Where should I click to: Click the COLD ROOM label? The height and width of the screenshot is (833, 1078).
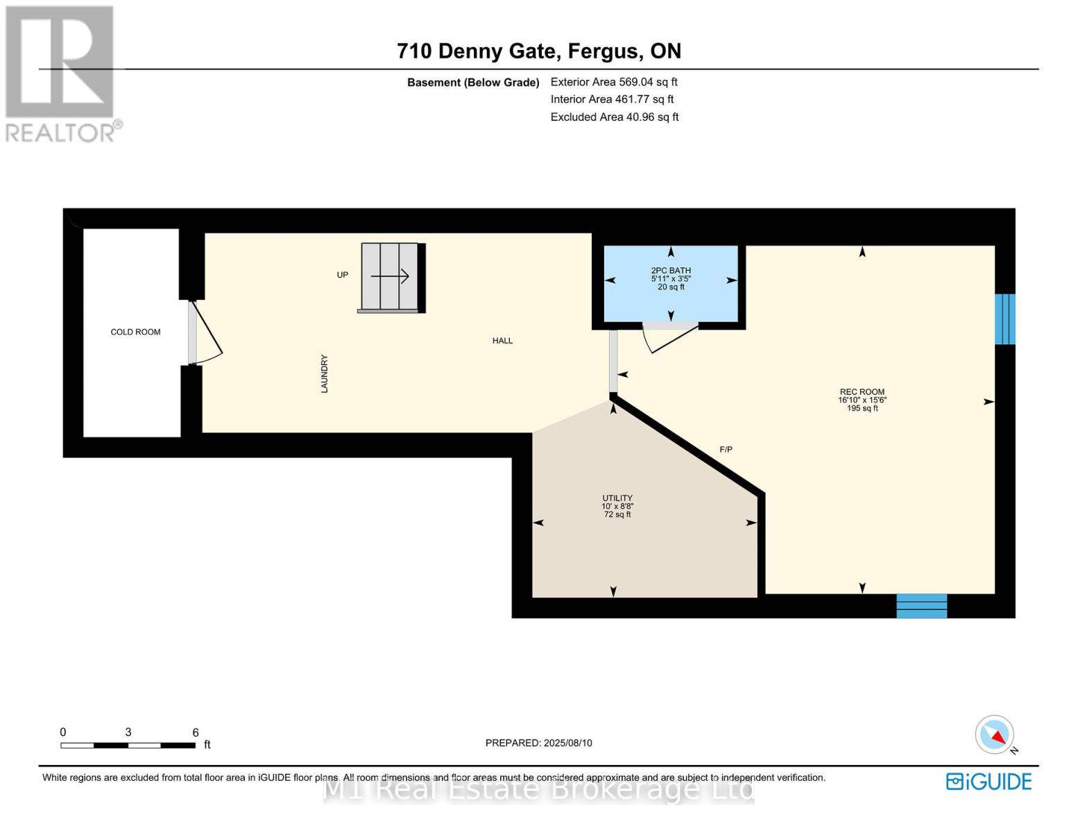click(x=135, y=332)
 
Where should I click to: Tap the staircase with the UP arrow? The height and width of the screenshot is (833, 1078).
click(x=391, y=278)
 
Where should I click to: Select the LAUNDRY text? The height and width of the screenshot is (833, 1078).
click(x=325, y=373)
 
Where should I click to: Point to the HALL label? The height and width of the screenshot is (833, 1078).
click(x=502, y=341)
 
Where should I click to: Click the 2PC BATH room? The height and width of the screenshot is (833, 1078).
click(x=671, y=284)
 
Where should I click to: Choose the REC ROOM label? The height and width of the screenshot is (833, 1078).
click(x=862, y=392)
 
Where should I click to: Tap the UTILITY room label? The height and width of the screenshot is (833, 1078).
click(x=617, y=498)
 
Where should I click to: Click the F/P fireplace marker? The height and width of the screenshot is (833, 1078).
click(x=726, y=449)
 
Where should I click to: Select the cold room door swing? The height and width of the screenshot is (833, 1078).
click(x=205, y=332)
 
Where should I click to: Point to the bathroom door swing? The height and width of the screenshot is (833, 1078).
click(x=669, y=337)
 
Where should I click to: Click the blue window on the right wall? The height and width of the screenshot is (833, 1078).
click(x=1005, y=319)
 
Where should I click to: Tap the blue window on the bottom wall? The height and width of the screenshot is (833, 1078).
click(x=922, y=605)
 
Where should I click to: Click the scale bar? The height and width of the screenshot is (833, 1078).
click(x=128, y=745)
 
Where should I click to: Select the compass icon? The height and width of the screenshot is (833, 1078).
click(x=995, y=734)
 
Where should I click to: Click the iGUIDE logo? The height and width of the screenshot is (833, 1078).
click(x=989, y=782)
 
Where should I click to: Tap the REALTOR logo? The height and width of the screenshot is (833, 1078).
click(x=62, y=74)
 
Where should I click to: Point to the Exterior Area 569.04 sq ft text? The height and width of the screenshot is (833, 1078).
click(x=614, y=82)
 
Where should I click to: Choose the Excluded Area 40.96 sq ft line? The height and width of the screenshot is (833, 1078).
click(x=615, y=117)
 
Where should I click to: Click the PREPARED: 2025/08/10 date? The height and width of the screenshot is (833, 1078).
click(x=539, y=743)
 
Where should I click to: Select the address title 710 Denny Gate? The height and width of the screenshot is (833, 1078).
click(x=479, y=51)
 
